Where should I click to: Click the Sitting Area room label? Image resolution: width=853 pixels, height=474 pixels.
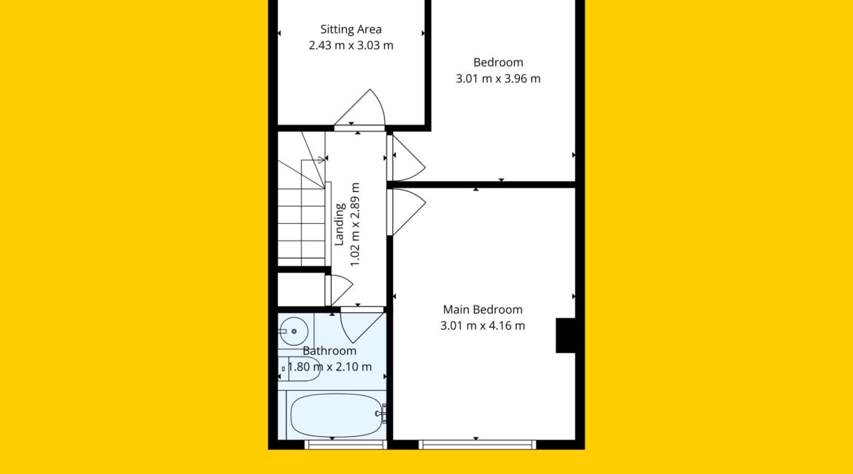[351, 29]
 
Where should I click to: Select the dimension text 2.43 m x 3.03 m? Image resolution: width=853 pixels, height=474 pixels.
[351, 45]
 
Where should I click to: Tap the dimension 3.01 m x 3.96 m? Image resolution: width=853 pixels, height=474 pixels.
[498, 78]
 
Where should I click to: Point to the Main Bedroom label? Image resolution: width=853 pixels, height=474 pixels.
[483, 310]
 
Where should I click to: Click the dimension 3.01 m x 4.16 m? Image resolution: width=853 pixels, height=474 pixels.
[483, 325]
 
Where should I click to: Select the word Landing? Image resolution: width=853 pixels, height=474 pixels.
[340, 224]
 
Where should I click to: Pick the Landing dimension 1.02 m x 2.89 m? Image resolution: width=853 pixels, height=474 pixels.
[355, 224]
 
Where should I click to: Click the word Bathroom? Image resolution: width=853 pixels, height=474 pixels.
[330, 351]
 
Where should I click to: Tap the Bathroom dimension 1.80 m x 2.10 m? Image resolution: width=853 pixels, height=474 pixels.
[330, 367]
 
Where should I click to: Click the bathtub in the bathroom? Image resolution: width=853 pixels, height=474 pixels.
[336, 415]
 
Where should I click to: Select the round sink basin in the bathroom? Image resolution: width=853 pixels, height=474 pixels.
[294, 331]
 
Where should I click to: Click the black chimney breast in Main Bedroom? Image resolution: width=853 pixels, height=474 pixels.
[565, 335]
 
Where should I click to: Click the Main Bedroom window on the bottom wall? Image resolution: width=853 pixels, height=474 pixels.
[477, 445]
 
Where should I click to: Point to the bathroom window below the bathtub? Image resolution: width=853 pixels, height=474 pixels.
[346, 445]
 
